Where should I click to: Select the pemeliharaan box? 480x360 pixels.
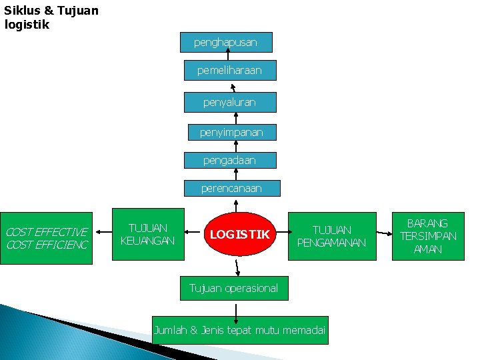coord(230,70)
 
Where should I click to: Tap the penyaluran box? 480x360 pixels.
coord(229,102)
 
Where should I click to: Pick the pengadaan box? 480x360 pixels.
coord(229,160)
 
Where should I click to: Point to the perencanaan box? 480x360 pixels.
coord(232,188)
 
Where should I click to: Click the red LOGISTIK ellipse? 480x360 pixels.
coord(239,234)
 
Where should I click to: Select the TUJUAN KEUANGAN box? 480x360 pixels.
coord(148,234)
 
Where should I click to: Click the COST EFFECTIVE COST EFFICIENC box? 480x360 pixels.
coord(46,238)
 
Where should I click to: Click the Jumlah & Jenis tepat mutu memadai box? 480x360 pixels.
coord(240,330)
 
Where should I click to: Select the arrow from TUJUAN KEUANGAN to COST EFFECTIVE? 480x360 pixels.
coord(104,233)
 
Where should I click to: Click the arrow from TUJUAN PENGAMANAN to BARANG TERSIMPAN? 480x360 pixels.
coord(384,233)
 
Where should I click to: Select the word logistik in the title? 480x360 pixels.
coord(27,25)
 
